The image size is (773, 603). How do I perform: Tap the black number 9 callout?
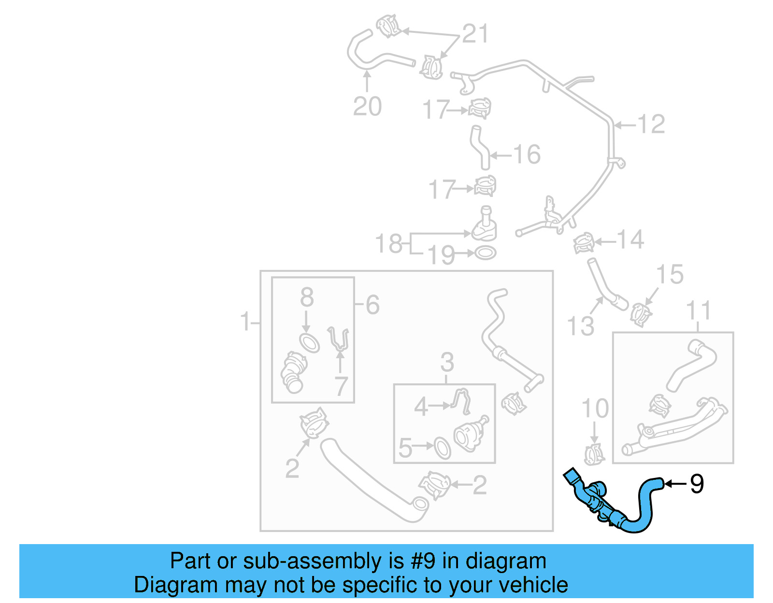697,484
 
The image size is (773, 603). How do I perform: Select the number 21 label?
475,34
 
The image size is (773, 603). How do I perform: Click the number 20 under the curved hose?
367,107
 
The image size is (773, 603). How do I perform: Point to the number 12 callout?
651,125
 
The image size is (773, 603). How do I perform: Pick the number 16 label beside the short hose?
527,155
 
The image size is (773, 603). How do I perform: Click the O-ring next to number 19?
485,252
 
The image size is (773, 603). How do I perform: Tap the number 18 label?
389,243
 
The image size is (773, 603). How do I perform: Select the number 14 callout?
630,240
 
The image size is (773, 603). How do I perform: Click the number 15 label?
670,275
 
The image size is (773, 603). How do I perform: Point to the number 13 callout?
580,326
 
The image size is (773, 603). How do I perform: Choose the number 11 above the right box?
699,310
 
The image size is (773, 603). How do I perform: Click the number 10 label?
595,409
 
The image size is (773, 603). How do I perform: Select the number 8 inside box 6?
307,297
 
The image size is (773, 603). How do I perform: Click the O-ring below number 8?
309,343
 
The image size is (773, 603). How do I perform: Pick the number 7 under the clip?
341,386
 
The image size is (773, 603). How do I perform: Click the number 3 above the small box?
447,362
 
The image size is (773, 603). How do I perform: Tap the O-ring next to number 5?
443,448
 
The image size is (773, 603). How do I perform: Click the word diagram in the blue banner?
516,561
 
